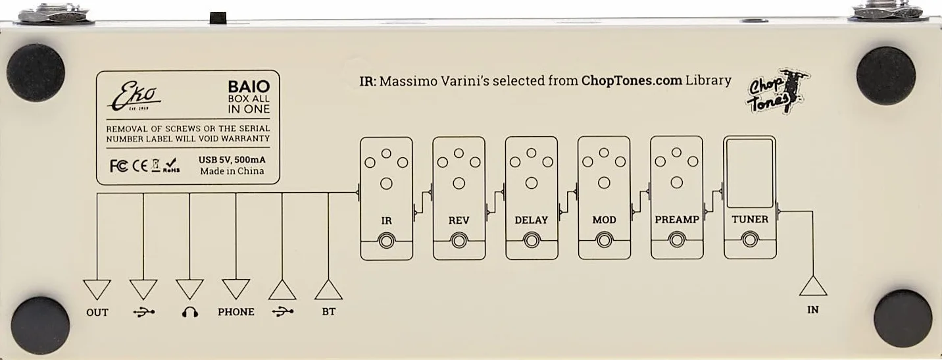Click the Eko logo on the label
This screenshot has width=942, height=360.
(134, 96)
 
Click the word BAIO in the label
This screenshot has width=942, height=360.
(249, 87)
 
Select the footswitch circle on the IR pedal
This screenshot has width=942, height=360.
(387, 242)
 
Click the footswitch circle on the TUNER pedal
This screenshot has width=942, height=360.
(750, 240)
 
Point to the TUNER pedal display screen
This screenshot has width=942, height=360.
(749, 173)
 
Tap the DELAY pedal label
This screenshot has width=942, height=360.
(531, 220)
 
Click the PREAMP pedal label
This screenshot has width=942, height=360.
(677, 220)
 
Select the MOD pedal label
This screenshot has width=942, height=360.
(605, 220)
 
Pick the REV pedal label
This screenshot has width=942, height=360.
(459, 220)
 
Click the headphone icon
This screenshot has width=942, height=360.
(190, 312)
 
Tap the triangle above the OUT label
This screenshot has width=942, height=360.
(97, 290)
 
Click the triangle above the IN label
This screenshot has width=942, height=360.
(813, 286)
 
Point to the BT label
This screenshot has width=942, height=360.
(329, 312)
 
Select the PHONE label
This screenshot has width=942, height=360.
(236, 312)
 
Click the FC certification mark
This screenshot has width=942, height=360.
(118, 166)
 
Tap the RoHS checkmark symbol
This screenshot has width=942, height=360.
(172, 165)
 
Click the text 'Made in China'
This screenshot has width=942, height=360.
(232, 171)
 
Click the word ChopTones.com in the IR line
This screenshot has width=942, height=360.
(632, 80)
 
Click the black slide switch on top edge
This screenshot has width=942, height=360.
(218, 18)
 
